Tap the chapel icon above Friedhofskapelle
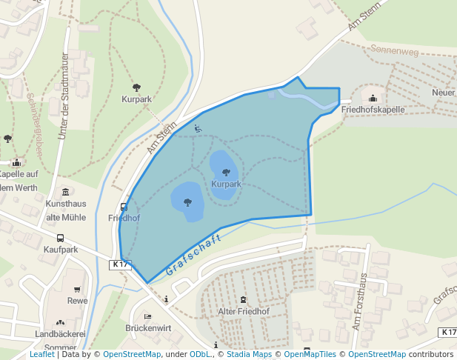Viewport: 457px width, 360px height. tap(373, 98)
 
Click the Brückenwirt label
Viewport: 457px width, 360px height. tap(148, 327)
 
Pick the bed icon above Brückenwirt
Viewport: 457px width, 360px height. tap(148, 316)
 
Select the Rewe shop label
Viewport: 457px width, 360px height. tap(77, 301)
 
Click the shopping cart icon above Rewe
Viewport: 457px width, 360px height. tap(77, 290)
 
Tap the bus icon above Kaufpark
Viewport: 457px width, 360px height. tap(60, 239)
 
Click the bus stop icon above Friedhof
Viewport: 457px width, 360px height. tap(124, 207)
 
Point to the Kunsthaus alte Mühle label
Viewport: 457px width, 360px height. tap(66, 210)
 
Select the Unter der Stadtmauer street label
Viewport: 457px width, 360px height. tap(64, 95)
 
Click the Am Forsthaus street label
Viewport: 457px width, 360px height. tap(361, 301)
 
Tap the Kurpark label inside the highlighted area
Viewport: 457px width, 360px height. tap(226, 184)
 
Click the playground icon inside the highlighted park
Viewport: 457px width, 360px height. tap(197, 128)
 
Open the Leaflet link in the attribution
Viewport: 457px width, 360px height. tap(41, 354)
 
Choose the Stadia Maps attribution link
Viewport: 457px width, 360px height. tap(249, 354)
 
